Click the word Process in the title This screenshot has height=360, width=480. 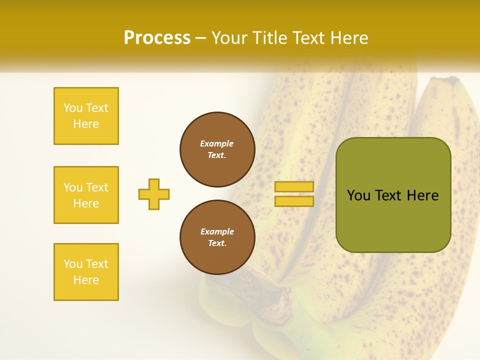tap(157, 38)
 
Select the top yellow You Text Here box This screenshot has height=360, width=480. tap(86, 116)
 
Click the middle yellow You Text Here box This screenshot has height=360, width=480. tap(86, 195)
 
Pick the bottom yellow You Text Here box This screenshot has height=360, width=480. tap(86, 272)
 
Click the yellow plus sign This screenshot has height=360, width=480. tap(154, 194)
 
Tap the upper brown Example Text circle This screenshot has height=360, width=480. tap(217, 149)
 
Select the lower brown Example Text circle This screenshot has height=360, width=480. tap(217, 237)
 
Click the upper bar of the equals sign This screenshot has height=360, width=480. tap(294, 187)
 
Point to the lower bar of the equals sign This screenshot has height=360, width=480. tap(294, 201)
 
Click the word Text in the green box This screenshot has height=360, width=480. tap(388, 195)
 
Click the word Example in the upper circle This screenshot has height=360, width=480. tap(217, 143)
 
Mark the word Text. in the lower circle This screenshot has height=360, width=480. tap(217, 243)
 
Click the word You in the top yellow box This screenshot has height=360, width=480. tap(73, 108)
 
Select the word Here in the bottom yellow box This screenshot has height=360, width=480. tap(86, 280)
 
